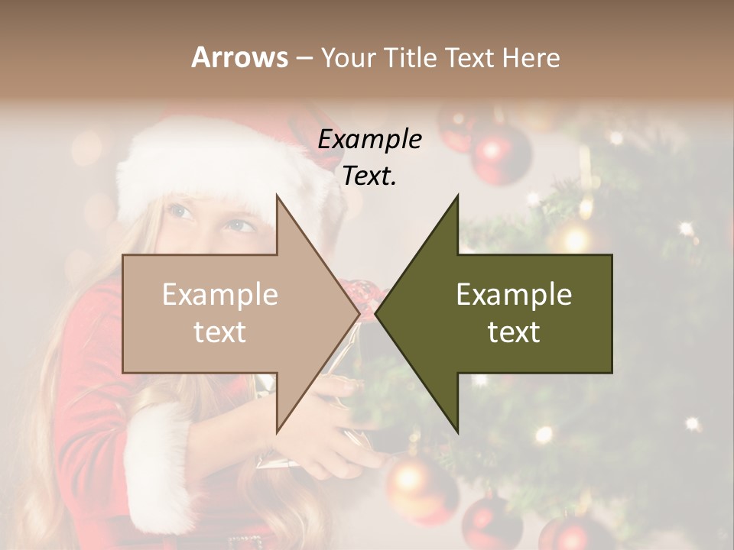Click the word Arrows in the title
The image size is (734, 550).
pyautogui.click(x=239, y=57)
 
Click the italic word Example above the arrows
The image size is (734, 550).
pyautogui.click(x=370, y=140)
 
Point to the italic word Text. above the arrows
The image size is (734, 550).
pyautogui.click(x=370, y=176)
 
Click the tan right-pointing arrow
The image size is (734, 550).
pyautogui.click(x=229, y=314)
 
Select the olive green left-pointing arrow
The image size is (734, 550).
pyautogui.click(x=505, y=314)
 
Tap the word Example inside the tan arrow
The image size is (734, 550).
pyautogui.click(x=220, y=295)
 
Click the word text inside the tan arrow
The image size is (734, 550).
pyautogui.click(x=220, y=332)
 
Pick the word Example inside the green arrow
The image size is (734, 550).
pyautogui.click(x=514, y=295)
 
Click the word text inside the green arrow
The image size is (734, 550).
pyautogui.click(x=514, y=332)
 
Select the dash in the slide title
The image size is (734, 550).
pyautogui.click(x=304, y=58)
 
